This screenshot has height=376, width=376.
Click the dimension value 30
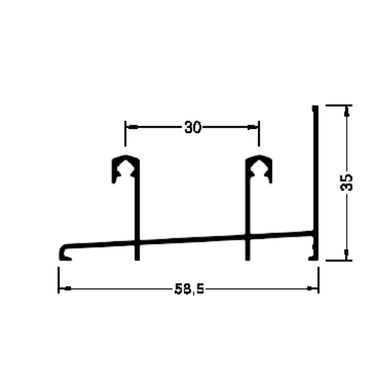pos(193,127)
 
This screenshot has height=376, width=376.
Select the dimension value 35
pos(347,182)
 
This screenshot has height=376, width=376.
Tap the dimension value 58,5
pos(189,289)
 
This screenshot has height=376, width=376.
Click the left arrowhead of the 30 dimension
pos(132,127)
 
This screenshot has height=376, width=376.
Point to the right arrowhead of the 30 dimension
pos(252,127)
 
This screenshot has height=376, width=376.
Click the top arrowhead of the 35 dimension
pos(347,112)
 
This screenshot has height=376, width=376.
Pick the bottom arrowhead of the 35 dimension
pos(347,254)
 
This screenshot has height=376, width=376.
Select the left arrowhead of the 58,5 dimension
pos(65,289)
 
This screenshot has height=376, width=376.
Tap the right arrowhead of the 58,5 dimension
pos(312,289)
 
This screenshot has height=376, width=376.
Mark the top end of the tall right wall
pos(315,106)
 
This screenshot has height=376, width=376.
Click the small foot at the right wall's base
pos(313,258)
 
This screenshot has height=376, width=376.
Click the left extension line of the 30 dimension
pos(125,134)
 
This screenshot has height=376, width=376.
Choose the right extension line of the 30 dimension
pos(259,134)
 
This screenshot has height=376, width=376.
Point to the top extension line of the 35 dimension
pos(339,105)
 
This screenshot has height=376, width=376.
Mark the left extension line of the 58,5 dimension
pos(59,280)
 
